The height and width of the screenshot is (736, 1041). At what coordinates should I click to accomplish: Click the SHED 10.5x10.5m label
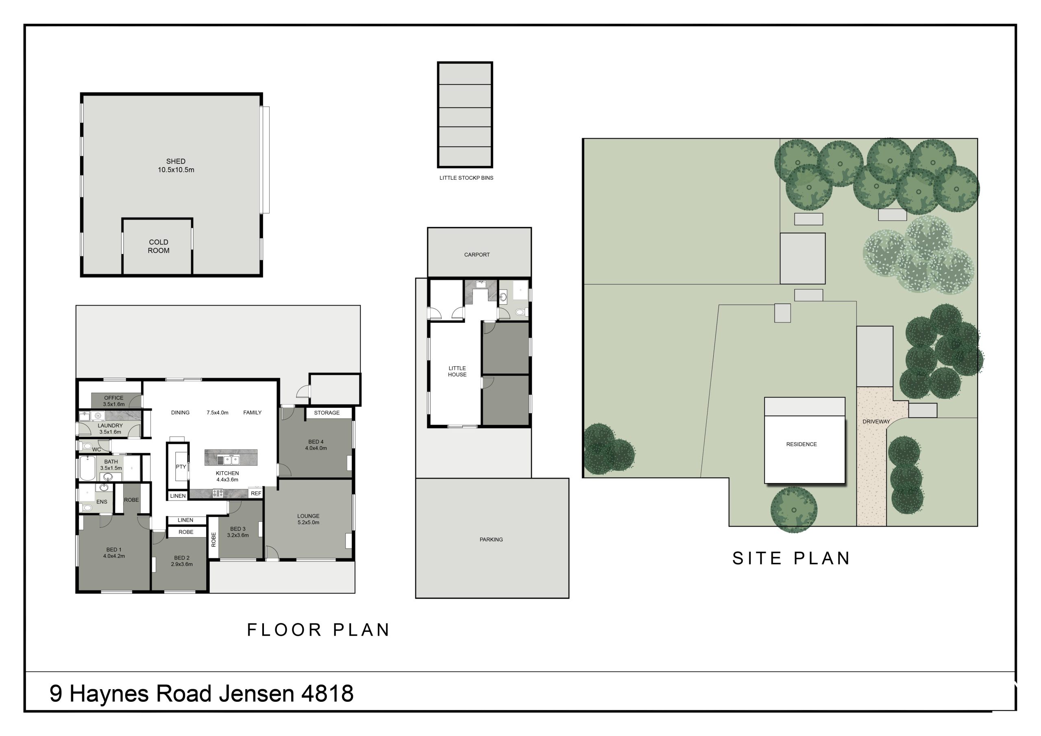[176, 165]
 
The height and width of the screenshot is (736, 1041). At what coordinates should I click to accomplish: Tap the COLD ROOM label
[159, 246]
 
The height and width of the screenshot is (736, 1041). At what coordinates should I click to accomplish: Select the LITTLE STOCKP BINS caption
[466, 178]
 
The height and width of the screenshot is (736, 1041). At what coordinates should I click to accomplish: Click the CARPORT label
[477, 255]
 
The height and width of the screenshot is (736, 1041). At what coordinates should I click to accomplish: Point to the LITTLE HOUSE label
[457, 371]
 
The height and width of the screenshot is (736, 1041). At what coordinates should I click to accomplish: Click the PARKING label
[491, 540]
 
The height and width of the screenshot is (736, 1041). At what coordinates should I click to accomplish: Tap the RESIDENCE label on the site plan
[801, 444]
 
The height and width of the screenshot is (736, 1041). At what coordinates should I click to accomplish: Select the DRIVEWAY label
[876, 422]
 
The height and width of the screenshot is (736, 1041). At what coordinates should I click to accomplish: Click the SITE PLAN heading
[791, 559]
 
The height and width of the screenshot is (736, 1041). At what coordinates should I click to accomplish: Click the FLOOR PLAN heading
[318, 630]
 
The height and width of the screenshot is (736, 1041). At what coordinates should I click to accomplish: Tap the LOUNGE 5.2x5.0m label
[308, 519]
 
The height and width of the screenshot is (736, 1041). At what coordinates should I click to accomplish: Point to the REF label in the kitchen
[256, 493]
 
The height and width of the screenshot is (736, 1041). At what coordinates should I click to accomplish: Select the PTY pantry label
[181, 467]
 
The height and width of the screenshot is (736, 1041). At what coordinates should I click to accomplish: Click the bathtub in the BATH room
[88, 468]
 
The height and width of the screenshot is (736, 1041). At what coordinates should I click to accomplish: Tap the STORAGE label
[327, 413]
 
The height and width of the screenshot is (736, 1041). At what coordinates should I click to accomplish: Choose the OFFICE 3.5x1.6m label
[114, 401]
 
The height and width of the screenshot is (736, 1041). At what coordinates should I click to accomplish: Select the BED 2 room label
[182, 562]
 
